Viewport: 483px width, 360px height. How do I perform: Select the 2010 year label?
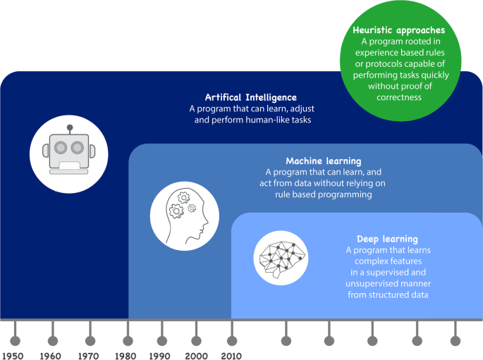(231, 356)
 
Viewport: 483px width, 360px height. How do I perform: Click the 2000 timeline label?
(196, 356)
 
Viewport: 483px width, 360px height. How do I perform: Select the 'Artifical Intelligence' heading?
(250, 97)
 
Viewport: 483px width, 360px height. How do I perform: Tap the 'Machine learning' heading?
(323, 161)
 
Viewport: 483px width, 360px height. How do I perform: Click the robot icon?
(68, 151)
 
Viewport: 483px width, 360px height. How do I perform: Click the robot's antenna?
(69, 128)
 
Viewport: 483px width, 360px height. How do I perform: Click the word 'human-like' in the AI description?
(271, 120)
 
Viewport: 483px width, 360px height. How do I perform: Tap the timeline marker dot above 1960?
(52, 341)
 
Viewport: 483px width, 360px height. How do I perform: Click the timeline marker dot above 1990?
(161, 341)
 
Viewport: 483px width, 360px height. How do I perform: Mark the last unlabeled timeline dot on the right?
(455, 341)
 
